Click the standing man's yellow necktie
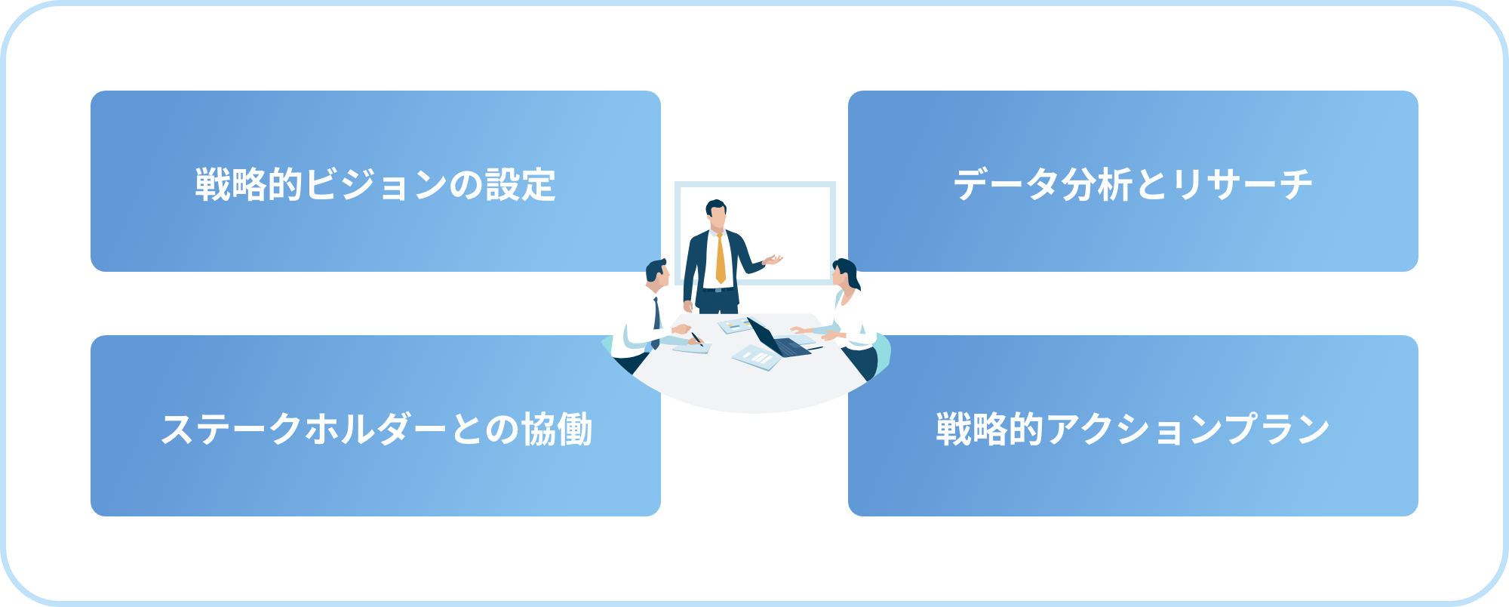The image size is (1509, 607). pos(721,258)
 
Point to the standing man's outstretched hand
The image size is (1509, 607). pos(773,260)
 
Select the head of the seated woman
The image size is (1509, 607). pos(845,273)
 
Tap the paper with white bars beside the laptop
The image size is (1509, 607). pos(756,358)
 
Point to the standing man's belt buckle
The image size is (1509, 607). pos(719,289)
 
